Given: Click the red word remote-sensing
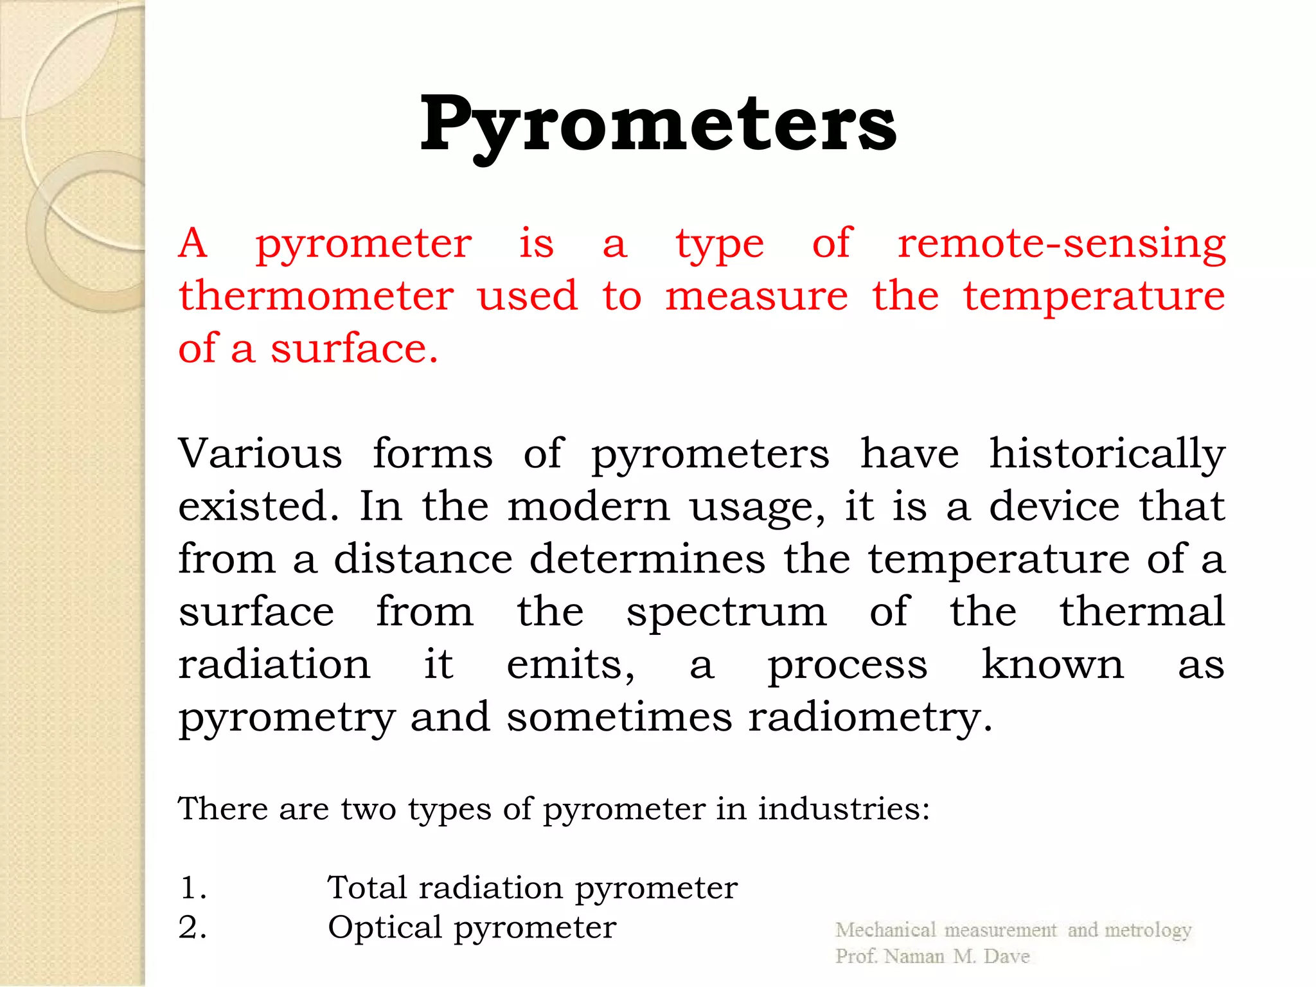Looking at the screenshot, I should pyautogui.click(x=1062, y=244).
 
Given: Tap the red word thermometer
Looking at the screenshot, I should pyautogui.click(x=316, y=296).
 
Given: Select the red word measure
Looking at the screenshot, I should pyautogui.click(x=756, y=296).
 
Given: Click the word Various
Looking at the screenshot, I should pyautogui.click(x=260, y=454).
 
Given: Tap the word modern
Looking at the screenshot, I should pyautogui.click(x=589, y=506).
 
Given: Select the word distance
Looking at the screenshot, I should pyautogui.click(x=423, y=559).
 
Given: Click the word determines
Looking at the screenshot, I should pyautogui.click(x=647, y=559).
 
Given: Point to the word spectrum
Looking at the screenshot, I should pyautogui.click(x=727, y=612).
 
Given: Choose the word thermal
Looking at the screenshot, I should pyautogui.click(x=1142, y=611).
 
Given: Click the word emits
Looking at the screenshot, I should pyautogui.click(x=570, y=664).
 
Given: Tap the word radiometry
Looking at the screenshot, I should pyautogui.click(x=870, y=718).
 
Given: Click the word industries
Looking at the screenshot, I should pyautogui.click(x=843, y=808).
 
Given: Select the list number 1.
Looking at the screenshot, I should pyautogui.click(x=192, y=888).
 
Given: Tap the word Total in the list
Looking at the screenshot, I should pyautogui.click(x=368, y=888).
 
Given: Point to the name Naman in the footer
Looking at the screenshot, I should pyautogui.click(x=914, y=956).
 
